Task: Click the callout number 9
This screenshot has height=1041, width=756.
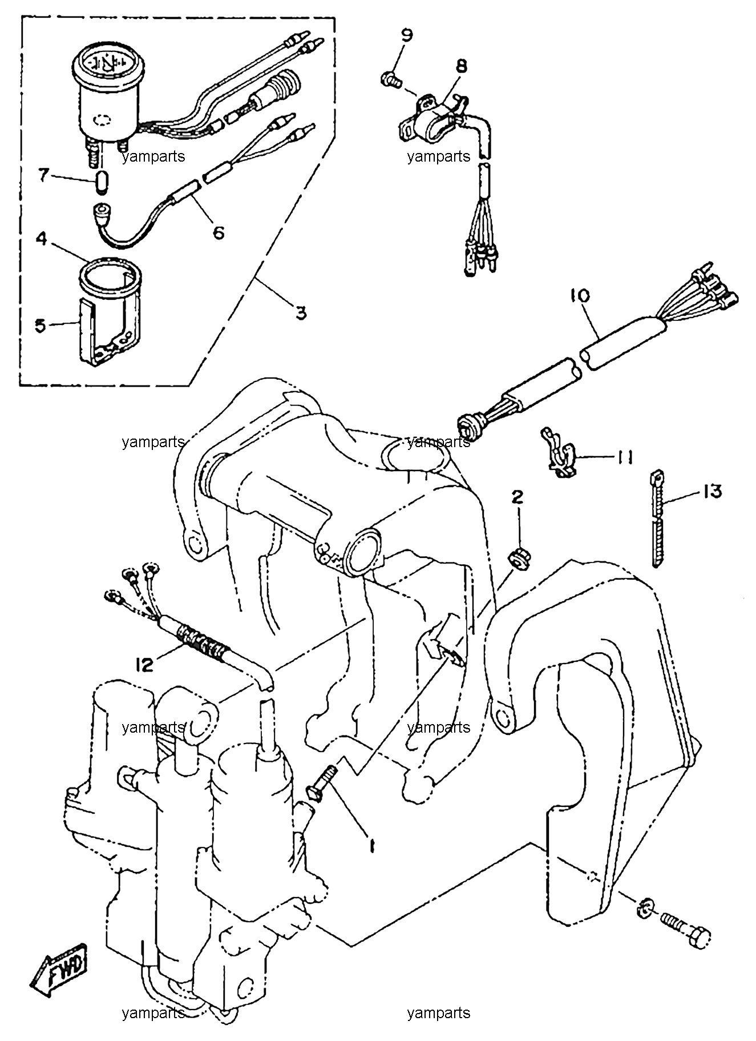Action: [406, 35]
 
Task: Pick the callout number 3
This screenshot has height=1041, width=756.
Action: [301, 312]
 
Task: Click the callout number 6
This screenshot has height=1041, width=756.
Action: [218, 232]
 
